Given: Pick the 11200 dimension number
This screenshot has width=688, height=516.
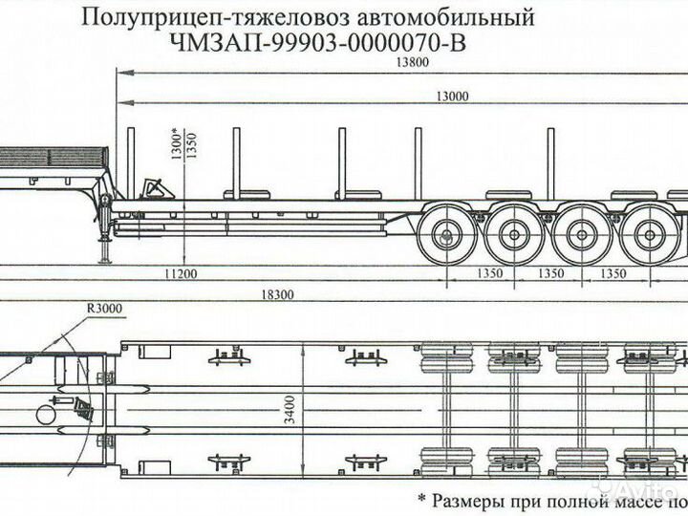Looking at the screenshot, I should (180, 274).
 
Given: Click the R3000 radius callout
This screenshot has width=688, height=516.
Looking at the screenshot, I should (104, 309).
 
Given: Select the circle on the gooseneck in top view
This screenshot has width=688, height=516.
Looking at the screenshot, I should (46, 413).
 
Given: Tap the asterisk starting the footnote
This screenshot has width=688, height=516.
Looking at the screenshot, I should (422, 499).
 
